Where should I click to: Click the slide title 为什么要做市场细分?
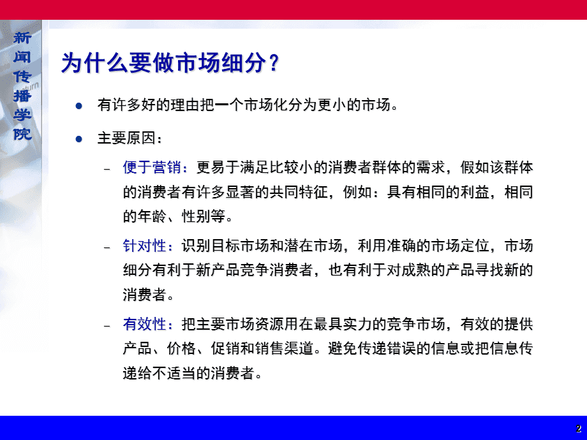click(170, 62)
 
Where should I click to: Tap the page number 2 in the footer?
click(579, 429)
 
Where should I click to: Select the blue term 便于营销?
click(152, 167)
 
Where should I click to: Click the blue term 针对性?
click(144, 246)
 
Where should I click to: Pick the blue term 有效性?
click(144, 324)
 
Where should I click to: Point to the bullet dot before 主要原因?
click(78, 139)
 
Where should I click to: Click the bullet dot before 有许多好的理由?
click(78, 106)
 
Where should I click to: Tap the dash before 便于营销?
click(107, 170)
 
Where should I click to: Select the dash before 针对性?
click(107, 247)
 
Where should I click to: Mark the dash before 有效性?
click(107, 326)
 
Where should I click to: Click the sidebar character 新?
click(22, 38)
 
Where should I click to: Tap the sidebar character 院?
click(22, 134)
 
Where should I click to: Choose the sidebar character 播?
click(22, 96)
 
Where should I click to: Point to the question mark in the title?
click(274, 62)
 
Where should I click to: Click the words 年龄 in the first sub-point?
click(152, 216)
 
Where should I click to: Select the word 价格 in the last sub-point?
click(181, 348)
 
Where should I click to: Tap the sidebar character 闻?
click(22, 57)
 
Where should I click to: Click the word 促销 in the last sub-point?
click(225, 348)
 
